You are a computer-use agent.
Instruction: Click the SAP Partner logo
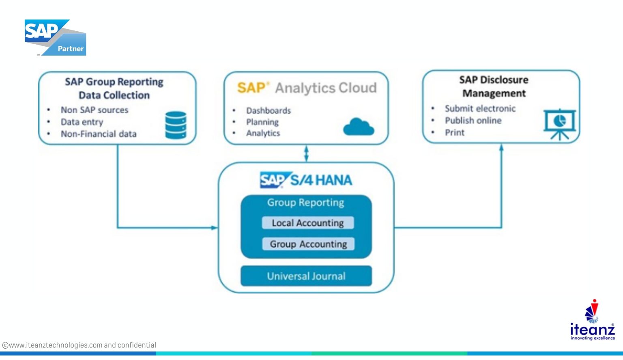(x=55, y=37)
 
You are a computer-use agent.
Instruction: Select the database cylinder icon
(x=176, y=125)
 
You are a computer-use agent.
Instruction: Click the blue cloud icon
(x=358, y=127)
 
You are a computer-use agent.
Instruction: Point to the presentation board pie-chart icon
(x=559, y=123)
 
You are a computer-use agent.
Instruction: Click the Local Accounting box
(x=307, y=223)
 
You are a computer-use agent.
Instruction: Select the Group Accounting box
(x=308, y=244)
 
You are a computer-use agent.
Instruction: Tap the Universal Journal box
(x=306, y=276)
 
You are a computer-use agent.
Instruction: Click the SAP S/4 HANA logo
(x=306, y=180)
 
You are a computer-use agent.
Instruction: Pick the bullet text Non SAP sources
(x=95, y=110)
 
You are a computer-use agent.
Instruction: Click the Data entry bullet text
(x=82, y=122)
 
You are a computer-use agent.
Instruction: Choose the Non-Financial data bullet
(x=99, y=134)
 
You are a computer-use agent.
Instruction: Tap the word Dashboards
(x=268, y=110)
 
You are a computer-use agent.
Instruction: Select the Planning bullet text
(x=262, y=122)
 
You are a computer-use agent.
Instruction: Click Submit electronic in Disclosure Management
(x=480, y=108)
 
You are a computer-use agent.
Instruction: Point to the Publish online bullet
(x=473, y=121)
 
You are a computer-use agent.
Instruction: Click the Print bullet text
(x=455, y=132)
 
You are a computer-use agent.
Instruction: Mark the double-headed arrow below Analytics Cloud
(x=306, y=153)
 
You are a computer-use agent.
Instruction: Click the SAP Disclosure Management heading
(x=494, y=86)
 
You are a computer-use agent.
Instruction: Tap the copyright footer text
(x=79, y=345)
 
